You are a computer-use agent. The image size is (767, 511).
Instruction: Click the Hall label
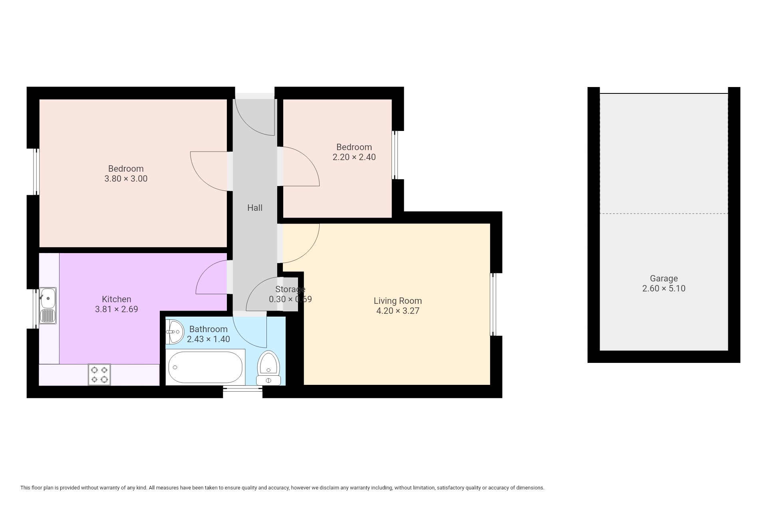[x=254, y=208]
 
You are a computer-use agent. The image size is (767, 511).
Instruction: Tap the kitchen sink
[x=48, y=305]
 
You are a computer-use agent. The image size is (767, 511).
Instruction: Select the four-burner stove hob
[x=99, y=375]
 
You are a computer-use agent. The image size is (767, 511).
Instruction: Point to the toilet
[x=268, y=368]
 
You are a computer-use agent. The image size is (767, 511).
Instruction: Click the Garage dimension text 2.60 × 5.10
[x=664, y=289]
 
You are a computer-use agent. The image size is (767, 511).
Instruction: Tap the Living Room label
[x=397, y=301]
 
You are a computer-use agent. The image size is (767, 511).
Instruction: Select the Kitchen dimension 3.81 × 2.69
[x=116, y=309]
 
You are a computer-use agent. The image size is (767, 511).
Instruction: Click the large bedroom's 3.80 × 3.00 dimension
[x=126, y=179]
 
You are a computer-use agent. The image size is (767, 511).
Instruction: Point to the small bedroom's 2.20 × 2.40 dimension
[x=354, y=157]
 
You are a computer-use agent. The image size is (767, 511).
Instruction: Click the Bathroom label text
[x=208, y=329]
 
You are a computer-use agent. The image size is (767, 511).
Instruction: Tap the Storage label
[x=290, y=289]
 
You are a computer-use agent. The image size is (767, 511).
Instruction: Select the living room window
[x=493, y=305]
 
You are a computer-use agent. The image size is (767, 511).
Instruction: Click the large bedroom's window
[x=36, y=172]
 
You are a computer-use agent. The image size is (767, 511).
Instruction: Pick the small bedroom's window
[x=395, y=155]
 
